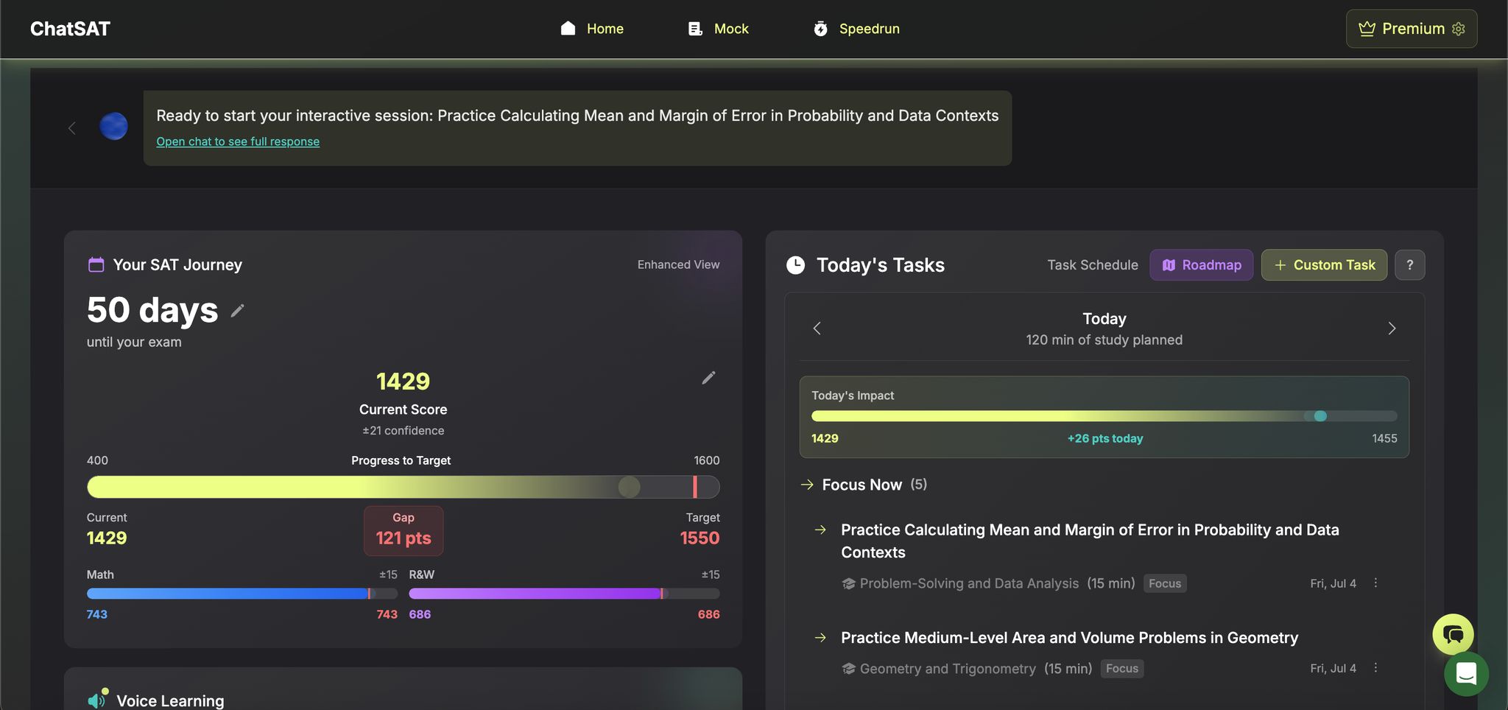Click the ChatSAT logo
(70, 29)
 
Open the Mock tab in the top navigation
(718, 29)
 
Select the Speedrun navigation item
(856, 29)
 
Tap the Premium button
(1411, 29)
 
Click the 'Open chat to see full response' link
(238, 141)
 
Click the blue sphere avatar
(113, 126)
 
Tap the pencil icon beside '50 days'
(237, 311)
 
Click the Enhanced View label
(678, 264)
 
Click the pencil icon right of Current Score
(708, 378)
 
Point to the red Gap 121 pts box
(404, 530)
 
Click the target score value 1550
(700, 538)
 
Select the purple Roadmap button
(1201, 265)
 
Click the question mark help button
(1409, 265)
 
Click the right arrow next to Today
(1392, 328)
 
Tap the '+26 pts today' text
(1104, 438)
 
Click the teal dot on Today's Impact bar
(1320, 416)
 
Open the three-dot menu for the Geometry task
(1375, 668)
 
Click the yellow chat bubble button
(1453, 634)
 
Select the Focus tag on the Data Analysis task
(1164, 583)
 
